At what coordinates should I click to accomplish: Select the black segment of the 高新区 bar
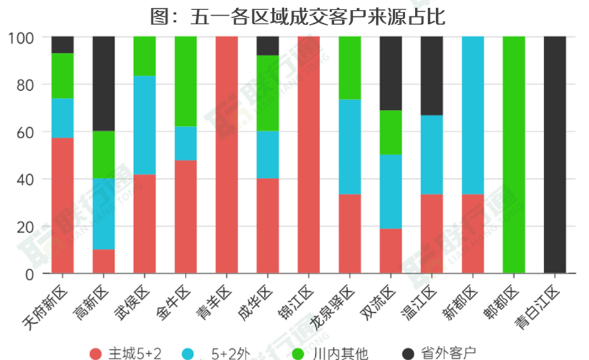click(x=103, y=83)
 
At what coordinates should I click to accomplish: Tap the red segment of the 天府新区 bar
click(x=63, y=205)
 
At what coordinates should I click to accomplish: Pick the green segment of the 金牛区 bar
click(x=185, y=81)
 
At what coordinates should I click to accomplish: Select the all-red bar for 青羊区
click(x=226, y=155)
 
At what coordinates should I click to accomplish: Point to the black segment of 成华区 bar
click(x=268, y=46)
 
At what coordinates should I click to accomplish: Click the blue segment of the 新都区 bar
click(x=472, y=115)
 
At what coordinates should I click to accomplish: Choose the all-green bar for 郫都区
click(x=514, y=155)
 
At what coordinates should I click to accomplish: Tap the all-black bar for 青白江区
click(x=555, y=155)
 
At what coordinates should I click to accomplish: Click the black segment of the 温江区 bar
click(x=432, y=76)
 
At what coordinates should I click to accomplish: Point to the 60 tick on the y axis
click(x=24, y=132)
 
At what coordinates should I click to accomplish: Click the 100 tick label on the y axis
click(x=21, y=37)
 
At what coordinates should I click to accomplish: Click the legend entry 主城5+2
click(x=126, y=353)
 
